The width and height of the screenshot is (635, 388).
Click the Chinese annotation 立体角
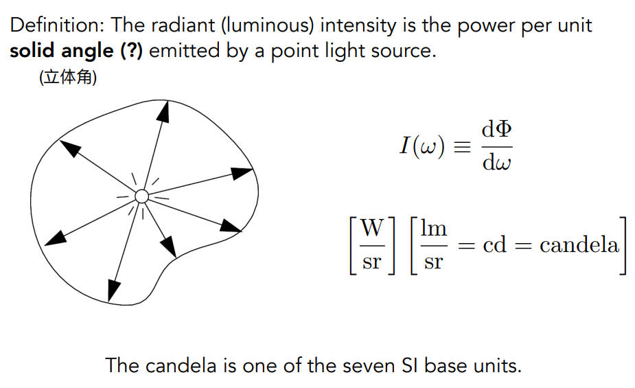pos(68,78)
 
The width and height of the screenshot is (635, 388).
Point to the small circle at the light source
pos(141,196)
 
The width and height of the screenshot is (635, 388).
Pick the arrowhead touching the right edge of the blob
pos(242,173)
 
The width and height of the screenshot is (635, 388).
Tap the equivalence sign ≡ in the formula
pos(463,146)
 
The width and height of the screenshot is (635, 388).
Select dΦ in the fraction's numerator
pos(496,130)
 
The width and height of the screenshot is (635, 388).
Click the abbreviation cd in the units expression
pos(494,245)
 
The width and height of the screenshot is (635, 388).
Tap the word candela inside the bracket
pos(579,245)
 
